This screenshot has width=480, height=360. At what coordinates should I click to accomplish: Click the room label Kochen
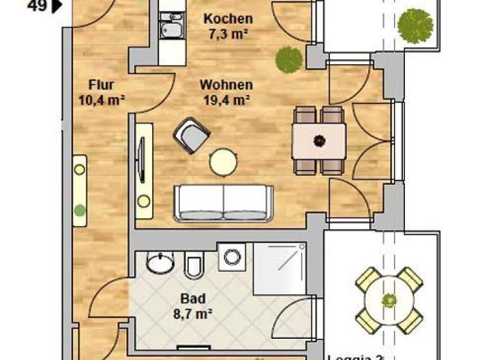[227, 19]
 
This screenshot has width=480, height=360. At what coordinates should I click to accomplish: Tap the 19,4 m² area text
[225, 99]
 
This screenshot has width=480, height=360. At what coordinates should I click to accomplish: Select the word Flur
[101, 85]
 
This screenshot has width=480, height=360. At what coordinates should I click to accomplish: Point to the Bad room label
[193, 298]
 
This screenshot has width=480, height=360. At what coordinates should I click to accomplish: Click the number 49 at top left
[39, 6]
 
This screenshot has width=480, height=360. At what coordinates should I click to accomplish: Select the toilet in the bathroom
[193, 264]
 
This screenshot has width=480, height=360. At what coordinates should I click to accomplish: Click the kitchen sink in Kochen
[171, 30]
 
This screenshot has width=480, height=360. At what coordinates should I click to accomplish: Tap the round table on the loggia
[388, 300]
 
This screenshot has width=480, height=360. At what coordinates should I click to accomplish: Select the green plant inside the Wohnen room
[288, 60]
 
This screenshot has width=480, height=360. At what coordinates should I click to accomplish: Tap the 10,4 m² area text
[101, 99]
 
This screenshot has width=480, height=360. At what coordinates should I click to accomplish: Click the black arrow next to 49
[57, 6]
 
